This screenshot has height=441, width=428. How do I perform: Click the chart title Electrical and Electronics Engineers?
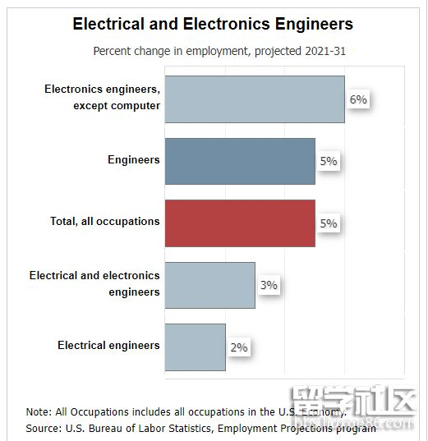(213, 23)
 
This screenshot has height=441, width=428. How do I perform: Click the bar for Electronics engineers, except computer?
(254, 99)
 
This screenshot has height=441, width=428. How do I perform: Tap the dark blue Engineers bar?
(239, 161)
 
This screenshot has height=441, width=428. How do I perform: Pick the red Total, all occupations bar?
(239, 223)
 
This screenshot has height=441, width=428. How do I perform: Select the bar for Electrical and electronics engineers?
(209, 285)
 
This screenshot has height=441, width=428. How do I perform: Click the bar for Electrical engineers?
(195, 347)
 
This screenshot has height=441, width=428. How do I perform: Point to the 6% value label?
(358, 99)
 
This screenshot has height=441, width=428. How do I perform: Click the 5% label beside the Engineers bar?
(329, 162)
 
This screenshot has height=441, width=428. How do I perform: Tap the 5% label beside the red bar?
(329, 223)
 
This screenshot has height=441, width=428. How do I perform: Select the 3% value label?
(269, 286)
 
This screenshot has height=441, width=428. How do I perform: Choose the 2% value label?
(239, 347)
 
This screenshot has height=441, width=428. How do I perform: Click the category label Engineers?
(133, 159)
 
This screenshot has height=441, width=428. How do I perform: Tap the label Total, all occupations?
(104, 222)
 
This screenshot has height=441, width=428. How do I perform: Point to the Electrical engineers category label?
(108, 346)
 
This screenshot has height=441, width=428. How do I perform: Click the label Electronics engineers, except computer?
(102, 97)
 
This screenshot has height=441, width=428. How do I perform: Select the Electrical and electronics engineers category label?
(94, 283)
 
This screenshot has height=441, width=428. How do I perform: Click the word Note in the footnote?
(37, 411)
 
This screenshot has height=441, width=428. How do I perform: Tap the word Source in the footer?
(43, 428)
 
